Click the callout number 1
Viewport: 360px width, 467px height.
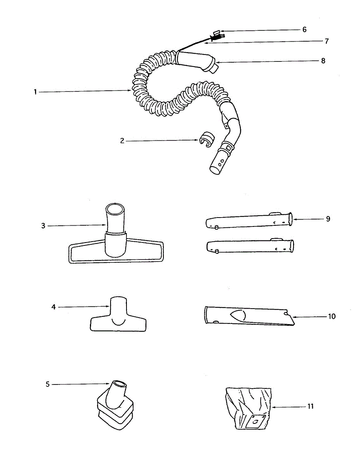(35, 92)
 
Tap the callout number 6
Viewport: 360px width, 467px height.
(304, 30)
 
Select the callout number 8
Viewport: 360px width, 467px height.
(323, 61)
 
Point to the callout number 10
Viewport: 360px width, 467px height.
(332, 316)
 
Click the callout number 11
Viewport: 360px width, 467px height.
(310, 407)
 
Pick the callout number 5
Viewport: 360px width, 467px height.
(47, 384)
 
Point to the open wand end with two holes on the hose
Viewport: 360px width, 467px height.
(218, 165)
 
